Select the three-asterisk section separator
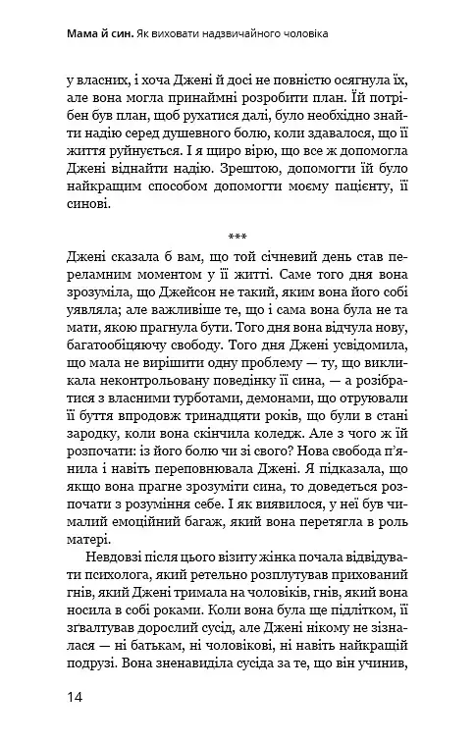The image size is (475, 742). coord(237,236)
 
